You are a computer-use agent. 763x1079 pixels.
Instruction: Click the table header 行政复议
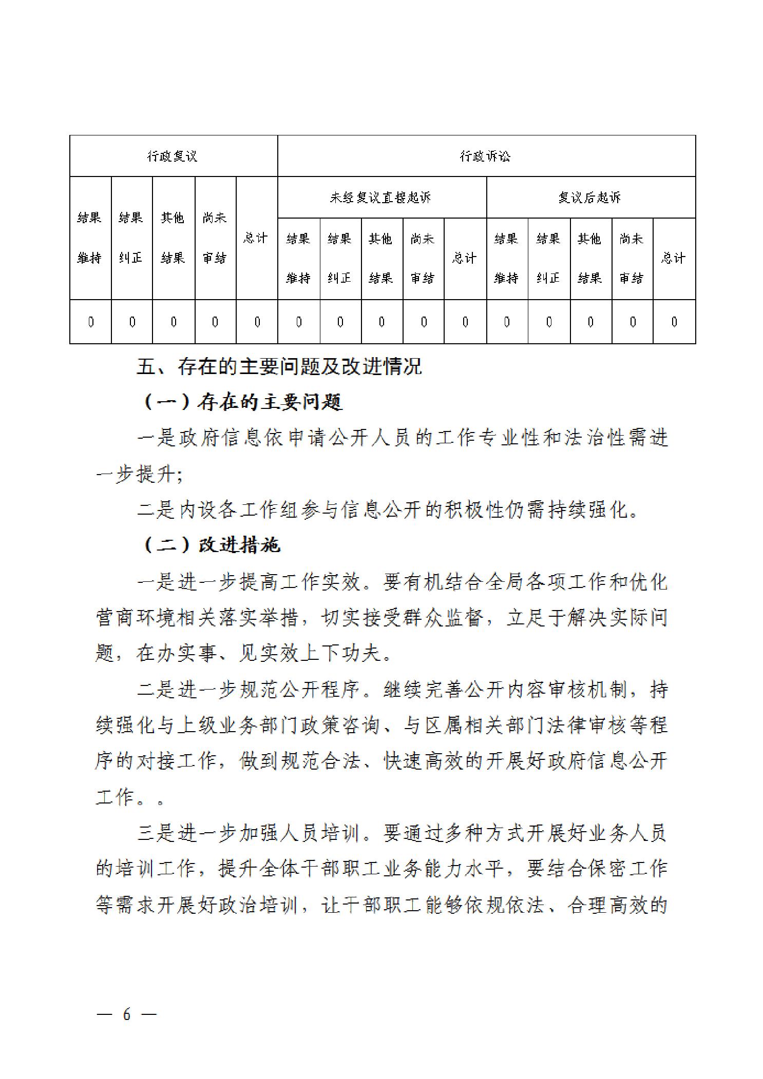point(173,156)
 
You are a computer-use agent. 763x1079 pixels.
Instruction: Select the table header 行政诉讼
point(485,156)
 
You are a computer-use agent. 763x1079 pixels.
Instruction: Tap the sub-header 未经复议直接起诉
point(380,198)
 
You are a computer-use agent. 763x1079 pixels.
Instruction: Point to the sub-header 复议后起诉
point(590,198)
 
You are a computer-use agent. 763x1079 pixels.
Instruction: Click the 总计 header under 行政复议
point(256,238)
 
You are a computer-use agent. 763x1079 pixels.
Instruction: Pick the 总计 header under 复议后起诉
point(673,258)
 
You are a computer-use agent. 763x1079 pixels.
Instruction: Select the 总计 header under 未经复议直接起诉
point(465,258)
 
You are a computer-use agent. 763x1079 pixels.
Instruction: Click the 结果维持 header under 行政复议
point(90,238)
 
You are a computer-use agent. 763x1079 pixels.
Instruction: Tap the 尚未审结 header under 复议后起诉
point(632,258)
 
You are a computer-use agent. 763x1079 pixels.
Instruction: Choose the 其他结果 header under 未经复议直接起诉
point(381,258)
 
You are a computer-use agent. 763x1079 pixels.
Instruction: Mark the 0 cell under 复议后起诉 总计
point(674,322)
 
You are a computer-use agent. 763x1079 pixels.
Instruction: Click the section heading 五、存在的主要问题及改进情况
point(279,366)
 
